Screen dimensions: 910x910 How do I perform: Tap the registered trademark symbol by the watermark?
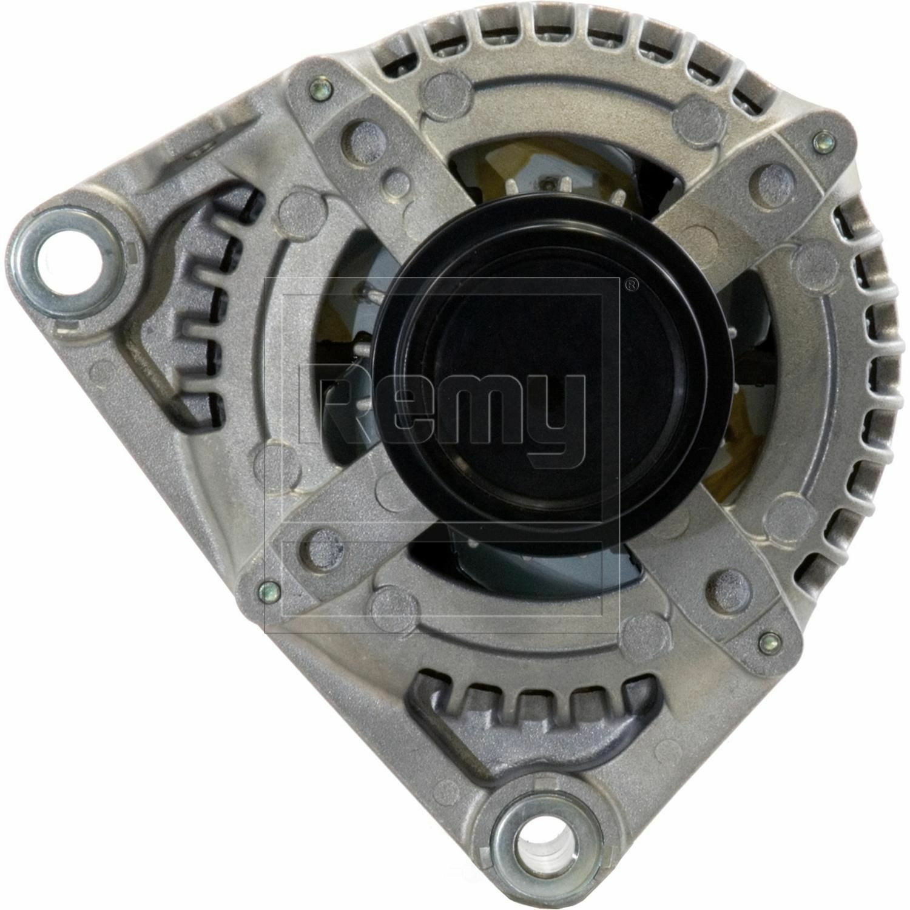click(x=631, y=283)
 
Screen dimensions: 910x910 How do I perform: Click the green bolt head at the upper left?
click(x=320, y=90)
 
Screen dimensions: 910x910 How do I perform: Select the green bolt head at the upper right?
click(x=823, y=141)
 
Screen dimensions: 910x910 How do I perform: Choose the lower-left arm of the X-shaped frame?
click(x=328, y=540)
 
